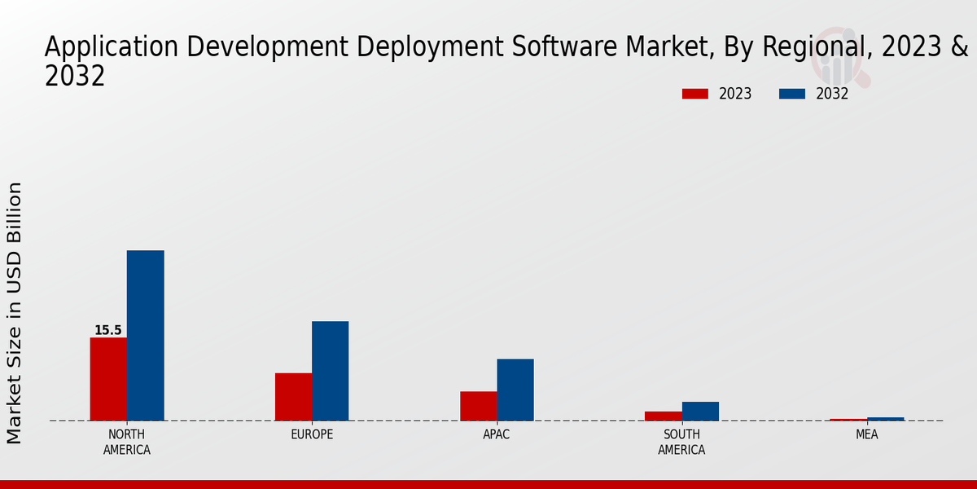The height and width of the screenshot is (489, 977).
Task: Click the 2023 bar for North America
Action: tap(108, 379)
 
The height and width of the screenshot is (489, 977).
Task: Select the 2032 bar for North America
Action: tap(145, 335)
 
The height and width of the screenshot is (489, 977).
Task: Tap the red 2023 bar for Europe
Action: tap(293, 397)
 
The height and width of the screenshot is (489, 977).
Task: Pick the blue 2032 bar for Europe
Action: tap(330, 371)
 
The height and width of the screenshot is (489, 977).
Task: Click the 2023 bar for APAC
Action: tap(478, 406)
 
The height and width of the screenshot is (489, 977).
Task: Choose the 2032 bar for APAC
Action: tap(515, 390)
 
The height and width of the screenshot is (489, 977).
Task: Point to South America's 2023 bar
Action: tap(663, 416)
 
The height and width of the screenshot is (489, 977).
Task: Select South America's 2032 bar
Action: tap(700, 411)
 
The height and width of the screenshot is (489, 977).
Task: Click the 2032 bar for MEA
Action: tap(885, 419)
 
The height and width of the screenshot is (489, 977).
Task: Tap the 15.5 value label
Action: tap(107, 330)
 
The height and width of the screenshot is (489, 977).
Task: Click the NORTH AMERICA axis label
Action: tap(126, 442)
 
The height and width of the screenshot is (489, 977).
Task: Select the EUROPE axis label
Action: tap(312, 434)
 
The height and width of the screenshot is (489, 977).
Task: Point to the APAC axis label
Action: tap(497, 434)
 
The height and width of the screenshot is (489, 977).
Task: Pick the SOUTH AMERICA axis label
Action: tap(681, 442)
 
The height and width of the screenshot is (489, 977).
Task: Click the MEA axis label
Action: tap(866, 434)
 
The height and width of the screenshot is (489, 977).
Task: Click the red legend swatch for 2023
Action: tap(694, 94)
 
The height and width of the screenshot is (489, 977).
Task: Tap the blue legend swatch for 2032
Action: tap(791, 94)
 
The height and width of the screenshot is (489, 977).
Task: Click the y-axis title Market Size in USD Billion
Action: tap(15, 313)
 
